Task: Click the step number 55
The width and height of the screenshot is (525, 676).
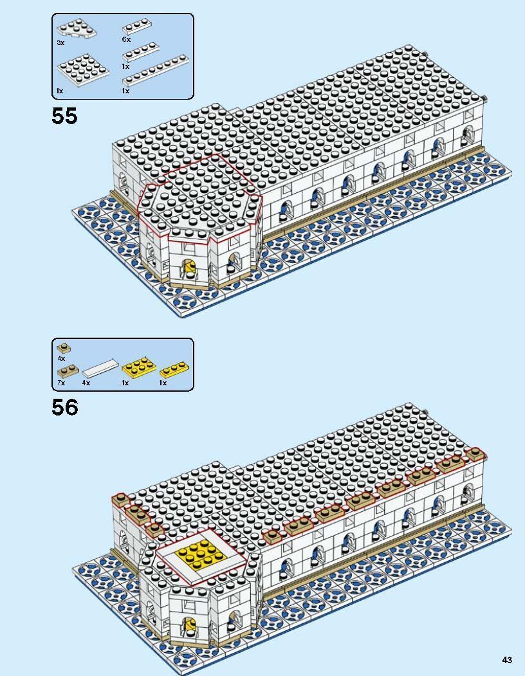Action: pos(64,116)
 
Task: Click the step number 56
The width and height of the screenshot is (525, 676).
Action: pos(64,407)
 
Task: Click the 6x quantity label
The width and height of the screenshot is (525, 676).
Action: pos(125,40)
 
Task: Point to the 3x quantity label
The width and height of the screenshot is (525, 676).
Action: pos(60,42)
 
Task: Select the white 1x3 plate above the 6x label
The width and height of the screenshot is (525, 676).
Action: pos(136,27)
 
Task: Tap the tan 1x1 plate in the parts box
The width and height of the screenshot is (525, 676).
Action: pos(62,348)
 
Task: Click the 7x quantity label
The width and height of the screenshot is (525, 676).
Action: pos(60,383)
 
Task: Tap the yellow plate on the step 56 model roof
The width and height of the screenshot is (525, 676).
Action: pos(202,555)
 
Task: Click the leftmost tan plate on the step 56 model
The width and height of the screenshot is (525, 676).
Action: pos(120,499)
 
